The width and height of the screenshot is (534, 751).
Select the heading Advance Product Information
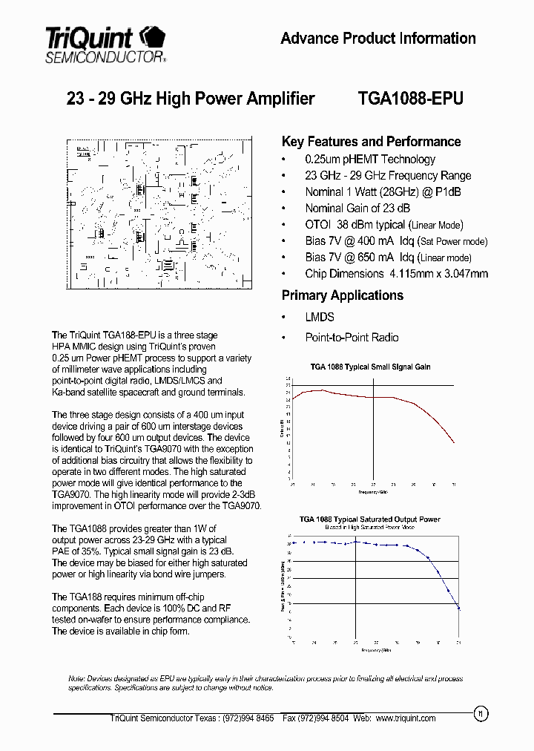tap(378, 39)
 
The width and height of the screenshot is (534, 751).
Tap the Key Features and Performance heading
tap(371, 142)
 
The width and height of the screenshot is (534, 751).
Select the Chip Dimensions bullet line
tap(396, 274)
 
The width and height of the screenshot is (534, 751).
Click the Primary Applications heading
tap(342, 295)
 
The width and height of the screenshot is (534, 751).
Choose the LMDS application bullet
tap(320, 317)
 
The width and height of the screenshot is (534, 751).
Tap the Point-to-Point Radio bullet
tap(352, 338)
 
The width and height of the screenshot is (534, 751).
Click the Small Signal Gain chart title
tap(370, 367)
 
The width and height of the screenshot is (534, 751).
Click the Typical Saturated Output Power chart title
tap(369, 519)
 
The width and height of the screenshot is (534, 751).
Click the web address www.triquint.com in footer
tap(406, 718)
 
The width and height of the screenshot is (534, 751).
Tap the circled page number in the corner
tap(480, 714)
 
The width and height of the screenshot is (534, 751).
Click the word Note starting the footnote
tap(76, 679)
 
